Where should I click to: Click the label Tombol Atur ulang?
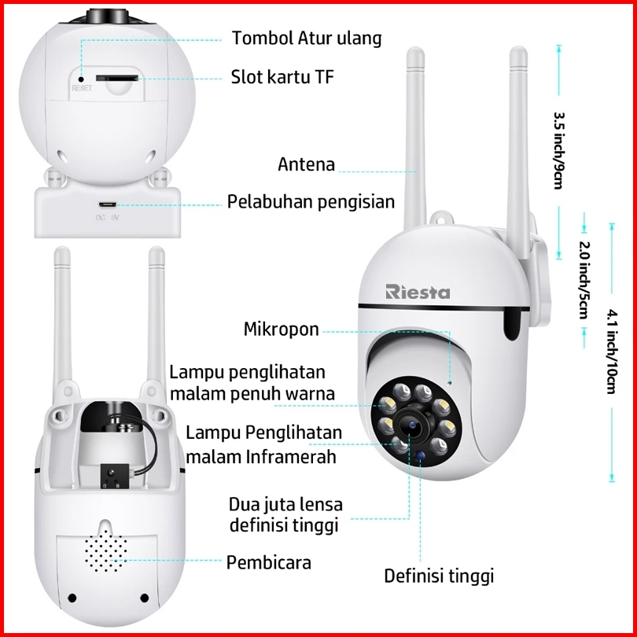(307, 39)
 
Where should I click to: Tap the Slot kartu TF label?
(282, 76)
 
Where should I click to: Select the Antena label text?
(307, 164)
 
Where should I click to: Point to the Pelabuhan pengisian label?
(311, 202)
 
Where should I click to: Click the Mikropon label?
(281, 329)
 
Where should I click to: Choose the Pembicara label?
(268, 562)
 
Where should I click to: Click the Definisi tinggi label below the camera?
(439, 576)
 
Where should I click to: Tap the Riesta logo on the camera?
(418, 292)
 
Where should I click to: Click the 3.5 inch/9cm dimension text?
(560, 151)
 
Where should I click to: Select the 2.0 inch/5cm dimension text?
(584, 280)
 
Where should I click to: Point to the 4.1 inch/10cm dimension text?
(612, 352)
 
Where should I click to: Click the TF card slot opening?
(116, 78)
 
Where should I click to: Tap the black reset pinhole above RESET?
(81, 79)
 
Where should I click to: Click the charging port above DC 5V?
(107, 204)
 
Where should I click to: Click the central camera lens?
(411, 425)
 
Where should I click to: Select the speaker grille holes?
(105, 550)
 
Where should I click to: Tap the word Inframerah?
(291, 457)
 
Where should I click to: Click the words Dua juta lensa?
(285, 505)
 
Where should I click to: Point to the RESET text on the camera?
(82, 88)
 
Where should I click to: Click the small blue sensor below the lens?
(421, 456)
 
